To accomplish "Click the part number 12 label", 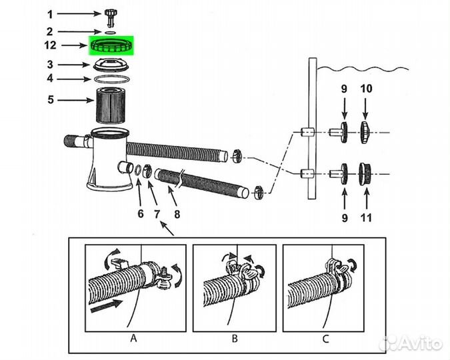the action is pos(50,45).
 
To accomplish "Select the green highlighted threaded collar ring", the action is pos(111,46).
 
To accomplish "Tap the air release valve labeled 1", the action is pos(111,17).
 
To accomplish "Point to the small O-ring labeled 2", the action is pos(111,33).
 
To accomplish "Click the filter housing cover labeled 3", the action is pos(111,65).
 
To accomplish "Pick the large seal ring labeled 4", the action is pos(111,79).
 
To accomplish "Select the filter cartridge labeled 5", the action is pos(111,105).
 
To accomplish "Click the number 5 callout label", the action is pos(51,99).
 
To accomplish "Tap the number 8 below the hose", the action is pos(177,214).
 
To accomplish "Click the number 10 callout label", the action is pos(366,89).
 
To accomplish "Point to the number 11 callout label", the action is pos(366,218).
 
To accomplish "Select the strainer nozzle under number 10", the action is pos(364,133).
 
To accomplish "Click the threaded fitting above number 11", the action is pos(365,173).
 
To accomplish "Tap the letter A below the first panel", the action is pos(134,339).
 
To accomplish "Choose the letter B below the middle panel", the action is pos(235,339).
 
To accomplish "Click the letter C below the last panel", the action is pos(326,339).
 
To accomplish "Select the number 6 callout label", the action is pos(141,214).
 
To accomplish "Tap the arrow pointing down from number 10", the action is pos(365,109).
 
